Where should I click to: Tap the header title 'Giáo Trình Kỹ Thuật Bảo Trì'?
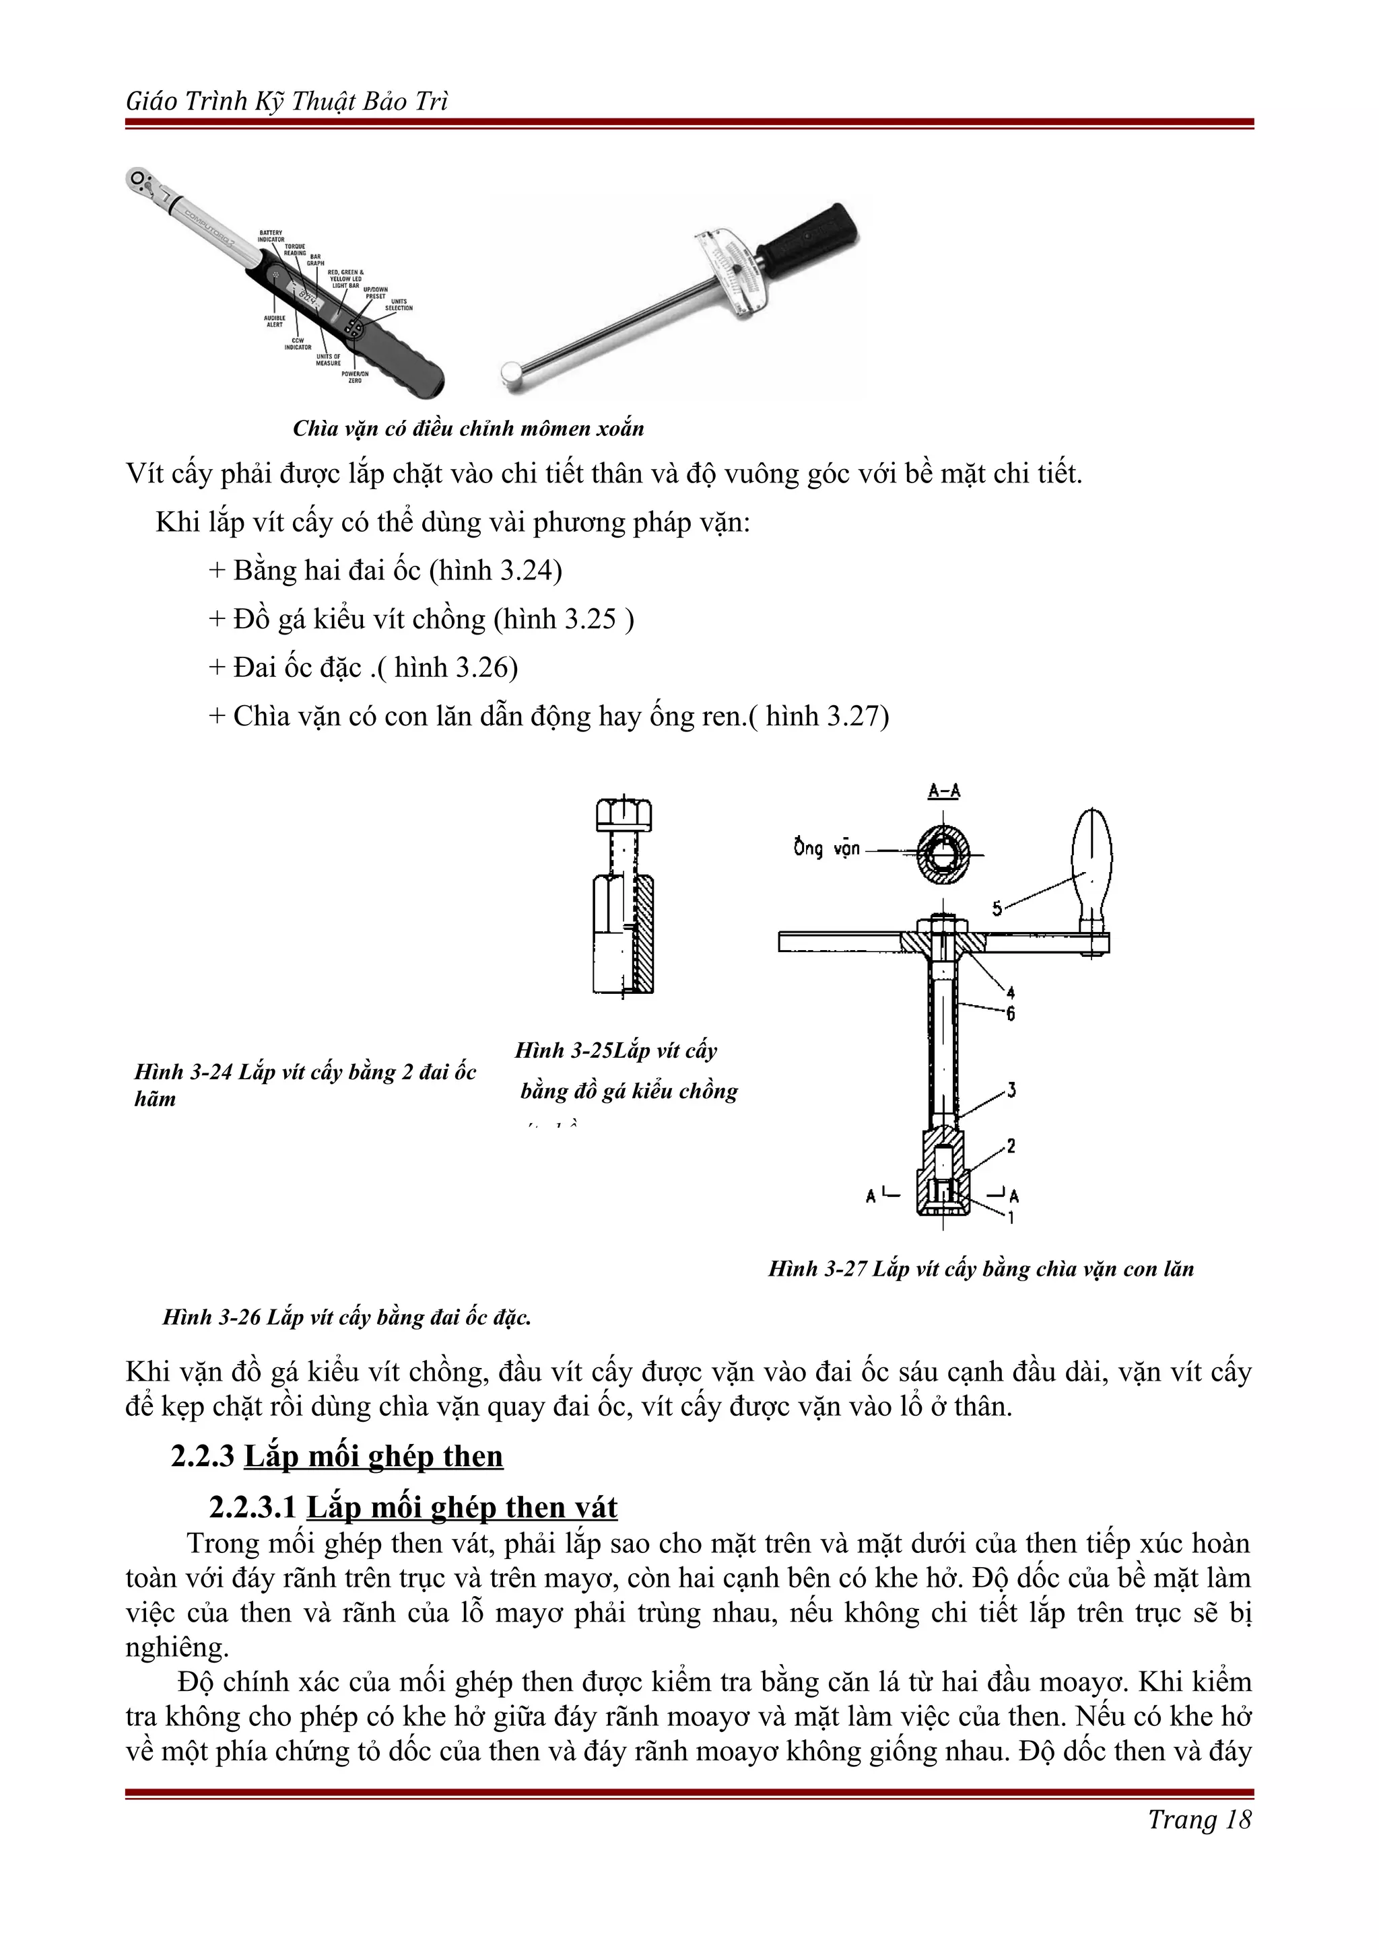(x=286, y=102)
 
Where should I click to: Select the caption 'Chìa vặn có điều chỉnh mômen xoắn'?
(x=468, y=429)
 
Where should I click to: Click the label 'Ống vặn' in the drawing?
(x=826, y=848)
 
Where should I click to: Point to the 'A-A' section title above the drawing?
(x=943, y=791)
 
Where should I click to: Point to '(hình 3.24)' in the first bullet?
(x=496, y=570)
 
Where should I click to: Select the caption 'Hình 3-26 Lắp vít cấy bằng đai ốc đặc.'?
(x=347, y=1317)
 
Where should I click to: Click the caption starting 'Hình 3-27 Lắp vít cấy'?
(x=980, y=1269)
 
